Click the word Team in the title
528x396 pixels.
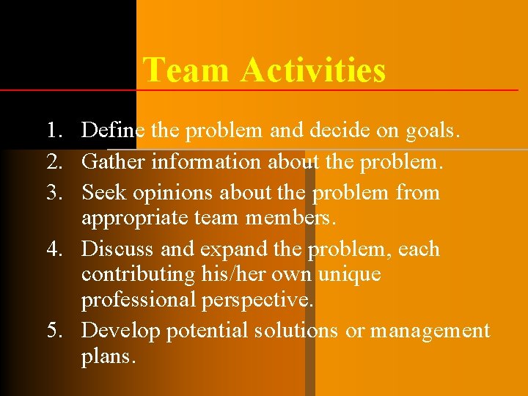coord(187,70)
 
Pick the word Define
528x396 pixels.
coord(114,131)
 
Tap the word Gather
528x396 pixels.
coord(114,161)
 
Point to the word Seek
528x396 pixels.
coord(103,193)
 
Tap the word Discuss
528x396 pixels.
coord(118,249)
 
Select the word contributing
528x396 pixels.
coord(137,275)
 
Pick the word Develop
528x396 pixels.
coord(122,331)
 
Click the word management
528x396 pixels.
coord(430,331)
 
